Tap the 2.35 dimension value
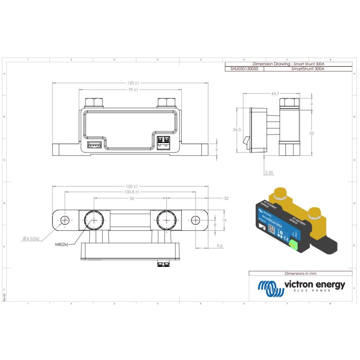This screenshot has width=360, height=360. (269, 173)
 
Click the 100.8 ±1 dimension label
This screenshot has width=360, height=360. (130, 192)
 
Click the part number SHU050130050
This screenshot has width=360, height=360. (244, 69)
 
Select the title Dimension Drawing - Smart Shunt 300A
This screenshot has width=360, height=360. (288, 64)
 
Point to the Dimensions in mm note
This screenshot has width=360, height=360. (300, 273)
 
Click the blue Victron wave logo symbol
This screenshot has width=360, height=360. (270, 288)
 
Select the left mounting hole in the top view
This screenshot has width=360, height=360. (65, 220)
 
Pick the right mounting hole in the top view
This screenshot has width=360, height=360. (195, 220)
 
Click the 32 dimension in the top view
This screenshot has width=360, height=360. (226, 198)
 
